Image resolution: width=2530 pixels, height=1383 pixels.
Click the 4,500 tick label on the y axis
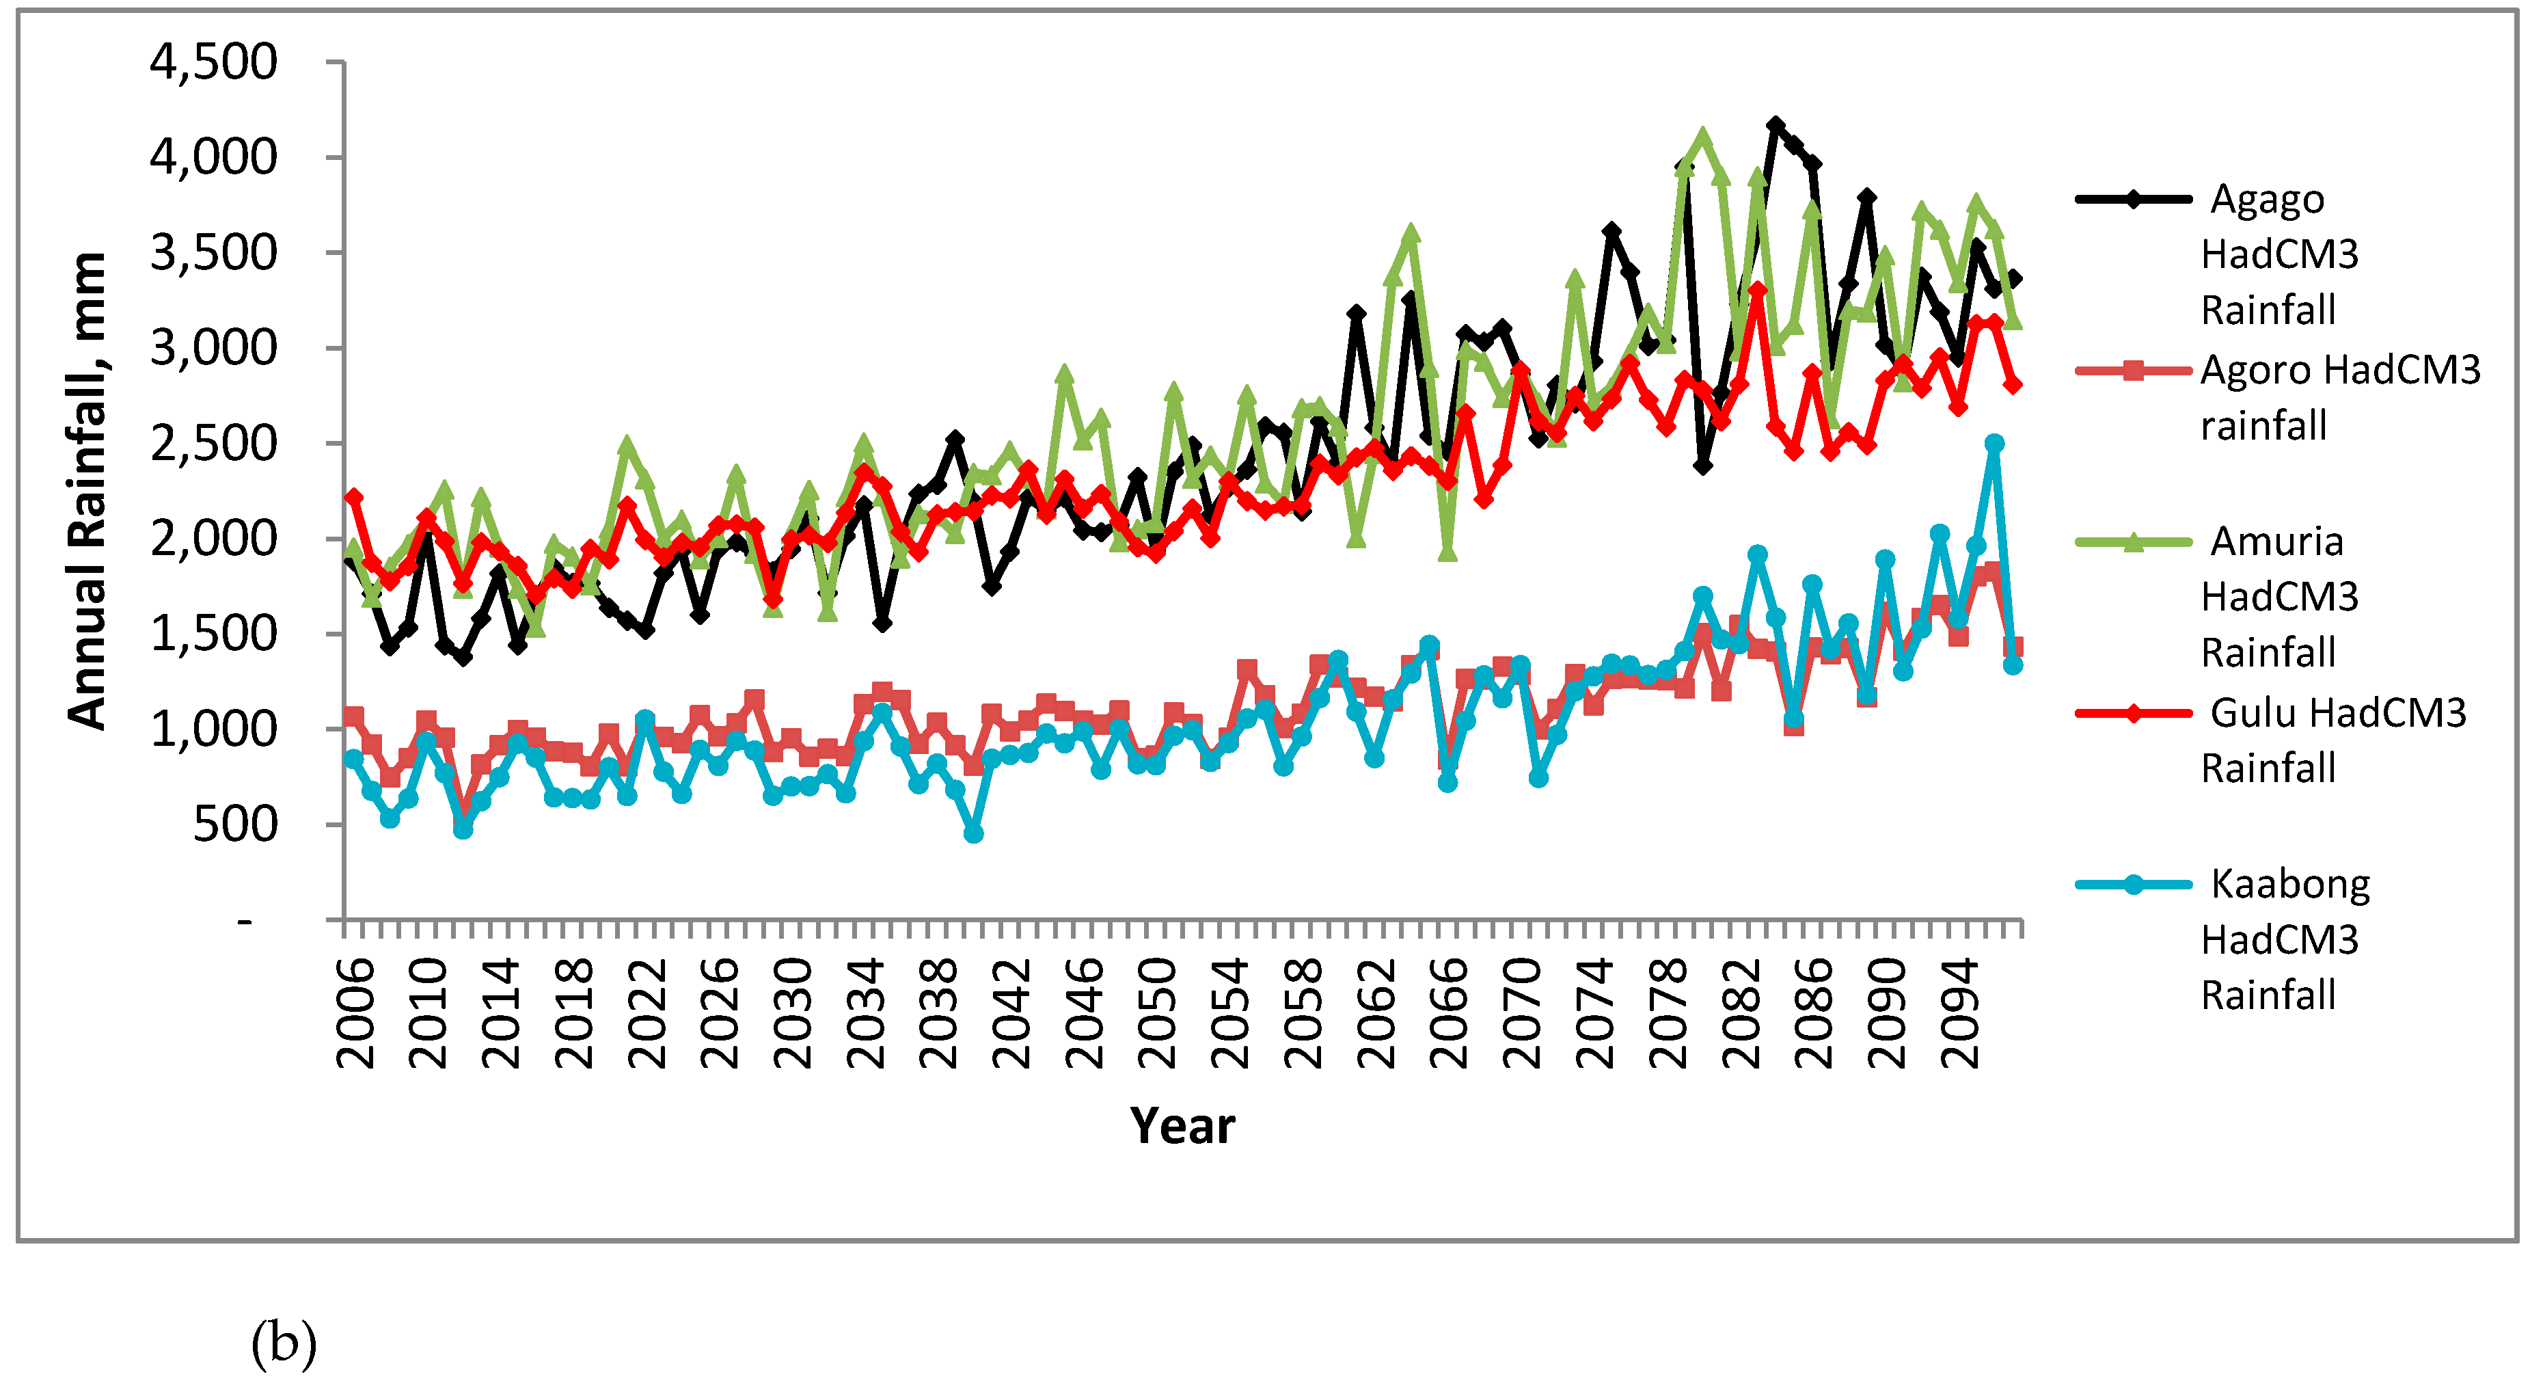[x=213, y=62]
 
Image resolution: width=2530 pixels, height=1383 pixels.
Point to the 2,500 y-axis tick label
[x=213, y=443]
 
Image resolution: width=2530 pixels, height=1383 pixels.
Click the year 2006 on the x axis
[x=355, y=1014]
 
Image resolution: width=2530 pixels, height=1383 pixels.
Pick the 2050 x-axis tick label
[x=1157, y=1014]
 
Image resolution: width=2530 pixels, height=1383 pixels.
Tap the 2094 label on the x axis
[x=1960, y=1014]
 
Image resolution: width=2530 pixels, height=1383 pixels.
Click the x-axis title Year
[x=1182, y=1126]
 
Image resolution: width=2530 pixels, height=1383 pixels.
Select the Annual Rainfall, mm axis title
[x=86, y=491]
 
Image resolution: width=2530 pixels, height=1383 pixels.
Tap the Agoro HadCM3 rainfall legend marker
[x=2133, y=371]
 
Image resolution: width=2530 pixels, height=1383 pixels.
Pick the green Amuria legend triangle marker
[x=2133, y=542]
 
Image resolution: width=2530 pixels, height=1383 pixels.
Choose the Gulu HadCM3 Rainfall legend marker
[x=2133, y=713]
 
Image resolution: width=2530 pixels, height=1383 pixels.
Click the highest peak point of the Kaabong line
[x=1994, y=443]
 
